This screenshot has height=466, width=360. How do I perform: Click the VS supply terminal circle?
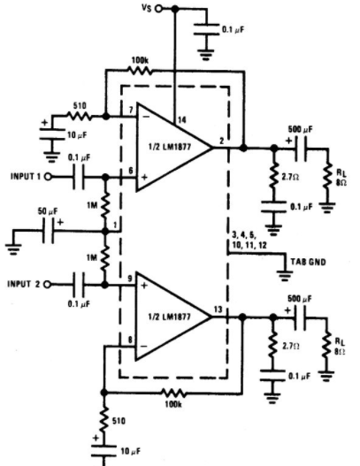pyautogui.click(x=158, y=9)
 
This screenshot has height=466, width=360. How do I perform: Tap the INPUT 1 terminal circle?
pyautogui.click(x=48, y=177)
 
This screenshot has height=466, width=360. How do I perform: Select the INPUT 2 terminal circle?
pyautogui.click(x=48, y=285)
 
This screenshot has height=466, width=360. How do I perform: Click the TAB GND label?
pyautogui.click(x=308, y=262)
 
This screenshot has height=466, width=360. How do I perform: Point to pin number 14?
pyautogui.click(x=181, y=119)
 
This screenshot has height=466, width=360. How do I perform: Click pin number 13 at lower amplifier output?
pyautogui.click(x=218, y=309)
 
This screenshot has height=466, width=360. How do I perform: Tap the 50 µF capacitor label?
pyautogui.click(x=48, y=211)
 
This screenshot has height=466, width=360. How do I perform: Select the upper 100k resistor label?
pyautogui.click(x=140, y=61)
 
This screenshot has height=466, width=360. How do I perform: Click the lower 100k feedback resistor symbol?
pyautogui.click(x=174, y=393)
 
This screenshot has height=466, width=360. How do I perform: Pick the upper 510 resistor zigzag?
pyautogui.click(x=80, y=116)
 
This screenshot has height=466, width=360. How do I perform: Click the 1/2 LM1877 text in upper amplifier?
pyautogui.click(x=170, y=147)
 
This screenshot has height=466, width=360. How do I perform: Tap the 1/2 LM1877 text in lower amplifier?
pyautogui.click(x=169, y=317)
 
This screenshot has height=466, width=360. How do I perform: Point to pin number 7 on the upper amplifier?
pyautogui.click(x=131, y=110)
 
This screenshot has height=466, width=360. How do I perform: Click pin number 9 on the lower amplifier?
pyautogui.click(x=130, y=279)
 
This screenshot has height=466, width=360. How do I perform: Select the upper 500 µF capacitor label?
pyautogui.click(x=300, y=129)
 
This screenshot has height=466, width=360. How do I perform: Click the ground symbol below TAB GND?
pyautogui.click(x=285, y=275)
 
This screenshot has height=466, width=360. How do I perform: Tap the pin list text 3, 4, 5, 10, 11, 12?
pyautogui.click(x=249, y=241)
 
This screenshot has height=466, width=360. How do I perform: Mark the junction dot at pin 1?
pyautogui.click(x=105, y=231)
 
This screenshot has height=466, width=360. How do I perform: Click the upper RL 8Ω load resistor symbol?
pyautogui.click(x=327, y=175)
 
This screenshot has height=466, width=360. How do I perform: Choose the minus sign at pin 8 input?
pyautogui.click(x=144, y=346)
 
